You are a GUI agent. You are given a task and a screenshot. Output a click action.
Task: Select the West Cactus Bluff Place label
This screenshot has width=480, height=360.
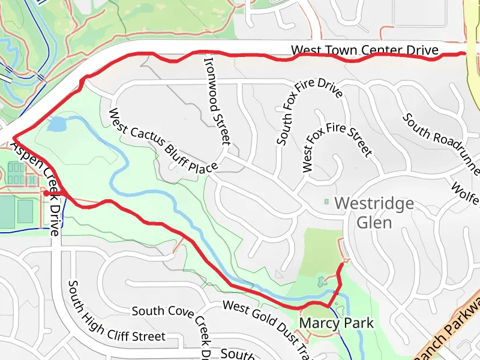pos(162,142)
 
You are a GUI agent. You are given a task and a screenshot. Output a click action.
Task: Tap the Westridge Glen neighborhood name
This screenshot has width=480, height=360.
pos(374,212)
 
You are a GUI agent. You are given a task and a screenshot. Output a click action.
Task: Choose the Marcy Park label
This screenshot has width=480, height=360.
pos(336,323)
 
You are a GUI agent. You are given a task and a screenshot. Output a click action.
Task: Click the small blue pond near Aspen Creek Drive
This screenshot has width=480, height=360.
pos(56,125)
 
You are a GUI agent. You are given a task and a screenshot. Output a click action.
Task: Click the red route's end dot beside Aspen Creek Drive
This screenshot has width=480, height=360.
pos(46,193)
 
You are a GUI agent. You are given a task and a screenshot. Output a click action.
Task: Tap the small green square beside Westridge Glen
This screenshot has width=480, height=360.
pos(327,202)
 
